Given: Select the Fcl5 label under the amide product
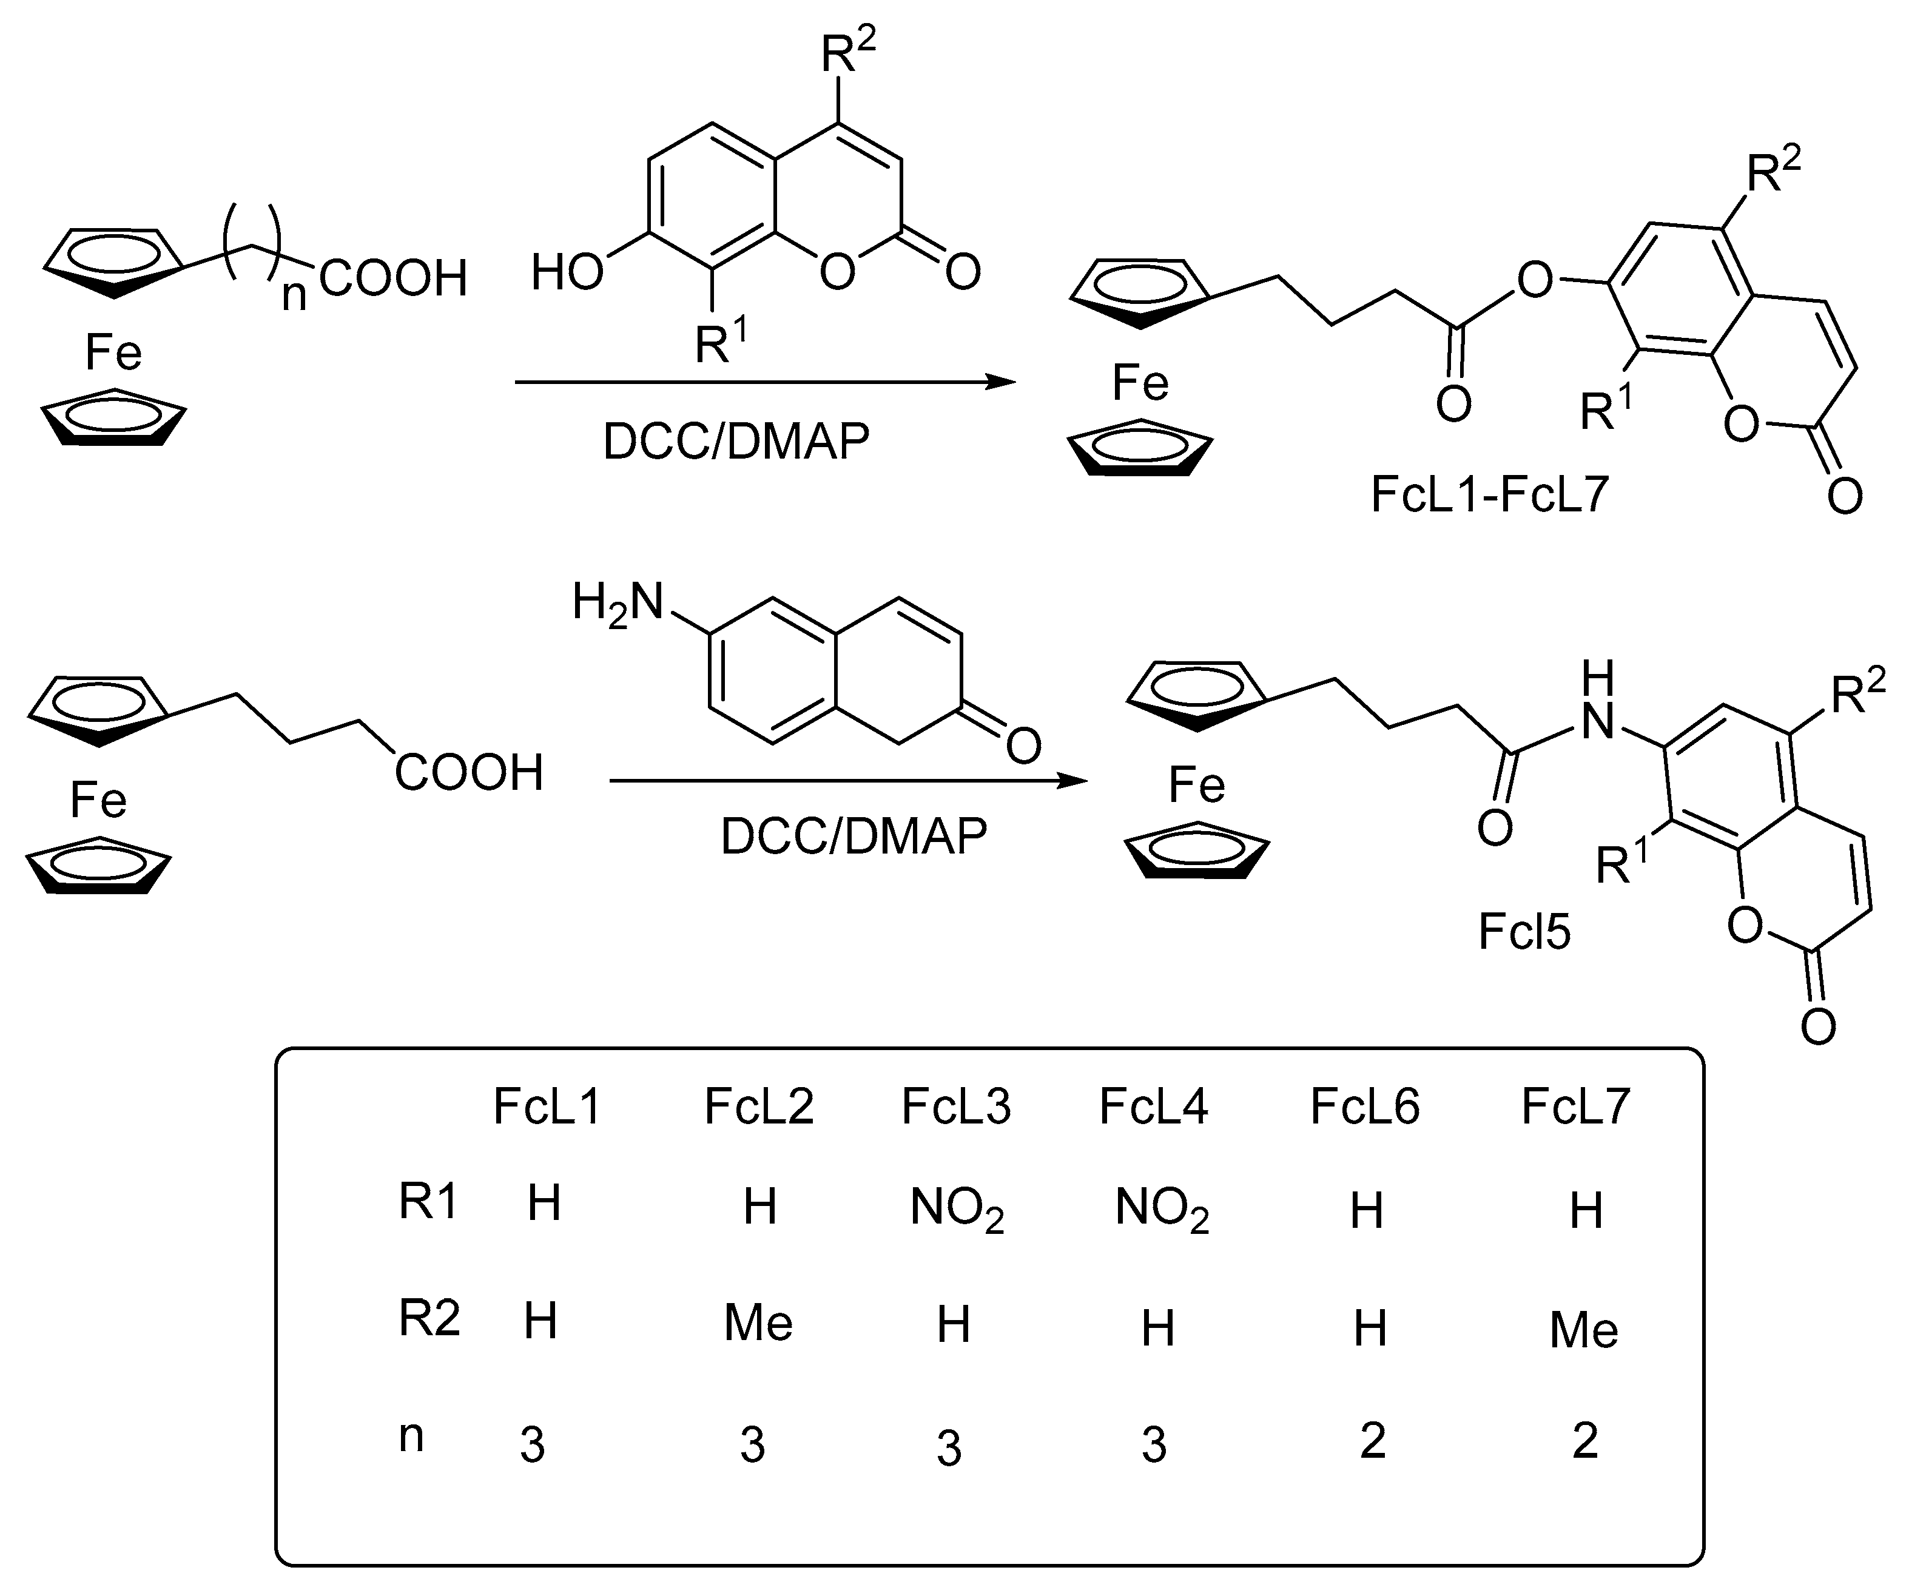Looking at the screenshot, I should (x=1524, y=932).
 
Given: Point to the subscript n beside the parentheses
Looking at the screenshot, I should (x=294, y=297).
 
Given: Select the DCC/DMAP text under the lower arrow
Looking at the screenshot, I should (x=853, y=837).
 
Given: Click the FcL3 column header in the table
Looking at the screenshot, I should (x=955, y=1107).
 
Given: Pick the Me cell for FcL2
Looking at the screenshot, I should (x=758, y=1324).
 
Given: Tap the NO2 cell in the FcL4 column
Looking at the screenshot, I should (x=1162, y=1210).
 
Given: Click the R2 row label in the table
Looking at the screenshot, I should (x=429, y=1319).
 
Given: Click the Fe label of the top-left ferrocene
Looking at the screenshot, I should (x=113, y=352).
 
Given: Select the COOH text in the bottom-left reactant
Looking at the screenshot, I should (x=468, y=773).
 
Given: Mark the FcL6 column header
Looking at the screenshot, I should (x=1364, y=1107).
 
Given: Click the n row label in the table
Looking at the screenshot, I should (x=412, y=1437).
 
